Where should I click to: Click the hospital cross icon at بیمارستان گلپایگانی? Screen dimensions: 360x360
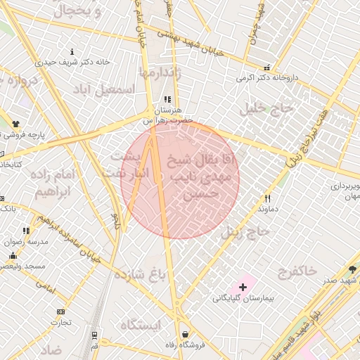pyautogui.click(x=243, y=287)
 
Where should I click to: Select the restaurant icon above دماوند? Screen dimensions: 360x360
pyautogui.click(x=267, y=198)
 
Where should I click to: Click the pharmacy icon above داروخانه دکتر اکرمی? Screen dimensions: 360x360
pyautogui.click(x=266, y=68)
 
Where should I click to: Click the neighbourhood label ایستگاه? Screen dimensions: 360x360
pyautogui.click(x=141, y=325)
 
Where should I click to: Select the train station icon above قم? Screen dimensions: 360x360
pyautogui.click(x=94, y=335)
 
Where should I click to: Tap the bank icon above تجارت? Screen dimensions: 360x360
pyautogui.click(x=60, y=311)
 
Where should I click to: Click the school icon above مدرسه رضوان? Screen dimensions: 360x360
pyautogui.click(x=26, y=230)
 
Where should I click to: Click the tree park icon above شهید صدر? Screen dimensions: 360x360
pyautogui.click(x=352, y=269)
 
